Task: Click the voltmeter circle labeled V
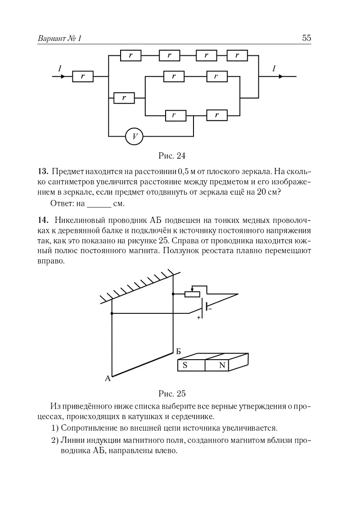(x=134, y=136)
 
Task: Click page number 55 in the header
(x=306, y=39)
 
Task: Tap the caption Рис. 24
(x=172, y=156)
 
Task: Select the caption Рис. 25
(x=172, y=394)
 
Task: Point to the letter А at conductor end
(x=108, y=378)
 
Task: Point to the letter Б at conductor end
(x=178, y=351)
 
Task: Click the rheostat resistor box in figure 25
(x=192, y=294)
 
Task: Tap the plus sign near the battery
(x=198, y=317)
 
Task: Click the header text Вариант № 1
(x=60, y=39)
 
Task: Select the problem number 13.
(x=43, y=171)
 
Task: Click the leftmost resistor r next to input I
(x=83, y=77)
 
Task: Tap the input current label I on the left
(x=59, y=68)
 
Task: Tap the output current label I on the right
(x=274, y=68)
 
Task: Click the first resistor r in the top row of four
(x=131, y=55)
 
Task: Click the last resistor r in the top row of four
(x=237, y=55)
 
